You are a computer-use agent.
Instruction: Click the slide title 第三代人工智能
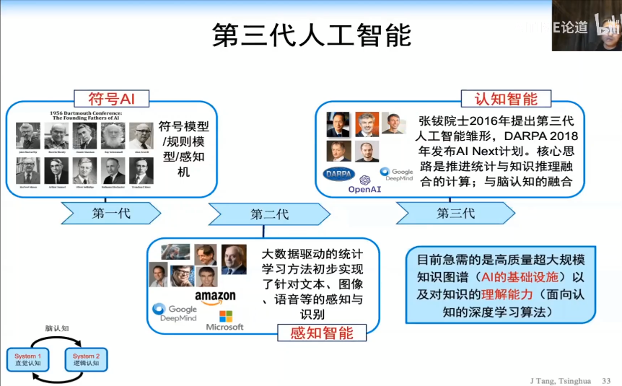[311, 34]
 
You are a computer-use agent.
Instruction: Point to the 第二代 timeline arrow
[269, 214]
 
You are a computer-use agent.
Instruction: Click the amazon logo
[215, 297]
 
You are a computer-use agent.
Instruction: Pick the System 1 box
[28, 359]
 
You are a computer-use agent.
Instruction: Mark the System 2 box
[86, 359]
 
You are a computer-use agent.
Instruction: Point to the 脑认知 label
[56, 328]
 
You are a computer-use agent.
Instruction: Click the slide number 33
[606, 380]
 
